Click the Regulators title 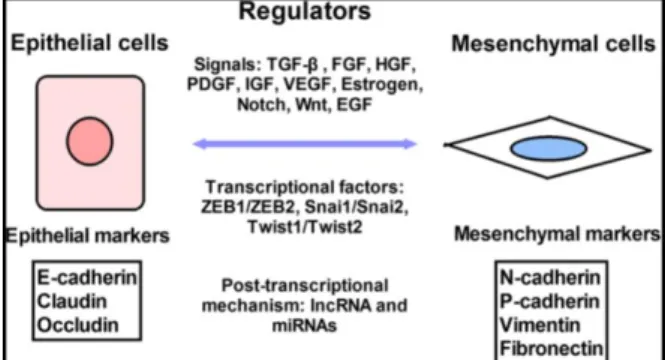point(305,11)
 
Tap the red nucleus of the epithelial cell point(89,141)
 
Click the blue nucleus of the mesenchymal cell point(549,148)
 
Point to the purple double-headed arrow point(305,144)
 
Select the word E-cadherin point(87,278)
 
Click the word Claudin point(72,301)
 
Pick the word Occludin point(78,325)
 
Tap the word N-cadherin point(550,278)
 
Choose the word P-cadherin point(550,301)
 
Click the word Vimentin point(540,325)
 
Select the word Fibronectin point(551,349)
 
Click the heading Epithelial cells point(89,43)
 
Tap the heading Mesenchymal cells point(553,44)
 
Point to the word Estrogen point(382,84)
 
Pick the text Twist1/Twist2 point(305,227)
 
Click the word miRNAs point(305,326)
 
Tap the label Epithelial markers point(87,236)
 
